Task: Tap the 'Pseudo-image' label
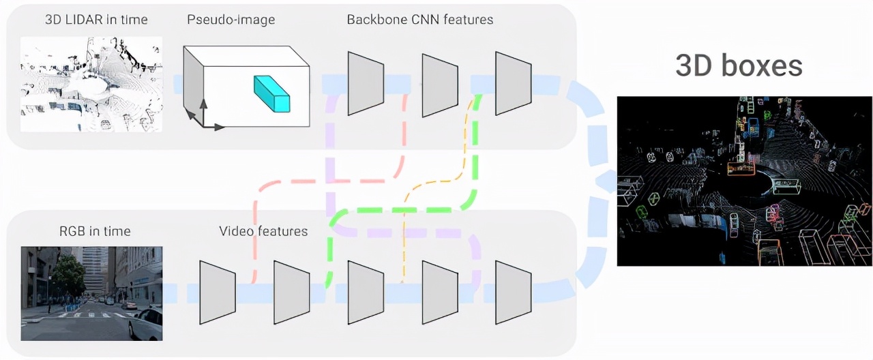tap(231, 19)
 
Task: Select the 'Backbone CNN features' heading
tap(419, 19)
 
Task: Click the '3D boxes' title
tap(739, 66)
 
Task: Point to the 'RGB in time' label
tap(95, 231)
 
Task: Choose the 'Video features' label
tap(263, 231)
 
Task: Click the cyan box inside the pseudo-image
tap(272, 93)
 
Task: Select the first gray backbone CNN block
tap(366, 82)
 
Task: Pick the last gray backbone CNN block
tap(513, 82)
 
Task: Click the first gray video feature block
tap(217, 291)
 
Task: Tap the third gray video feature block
tap(366, 291)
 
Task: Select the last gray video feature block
tap(513, 291)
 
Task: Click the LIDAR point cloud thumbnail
tap(91, 84)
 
